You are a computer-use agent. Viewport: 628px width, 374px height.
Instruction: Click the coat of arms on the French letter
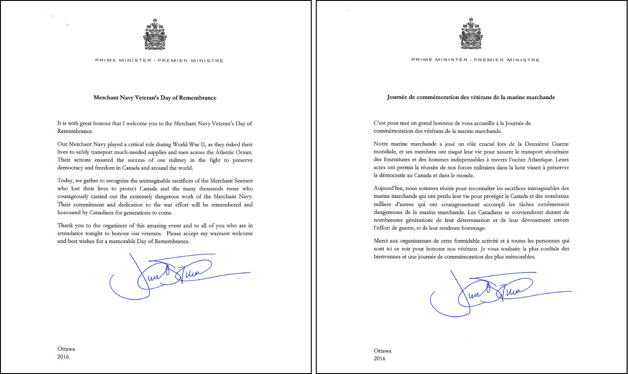pos(471,34)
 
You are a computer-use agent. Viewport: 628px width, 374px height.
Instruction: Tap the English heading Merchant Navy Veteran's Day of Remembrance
pos(155,98)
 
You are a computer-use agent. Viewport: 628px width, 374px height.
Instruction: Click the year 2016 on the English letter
pos(63,357)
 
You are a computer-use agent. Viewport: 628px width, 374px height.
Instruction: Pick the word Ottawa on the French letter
pos(382,351)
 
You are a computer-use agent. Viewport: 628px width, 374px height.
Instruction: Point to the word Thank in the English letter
pos(65,226)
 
